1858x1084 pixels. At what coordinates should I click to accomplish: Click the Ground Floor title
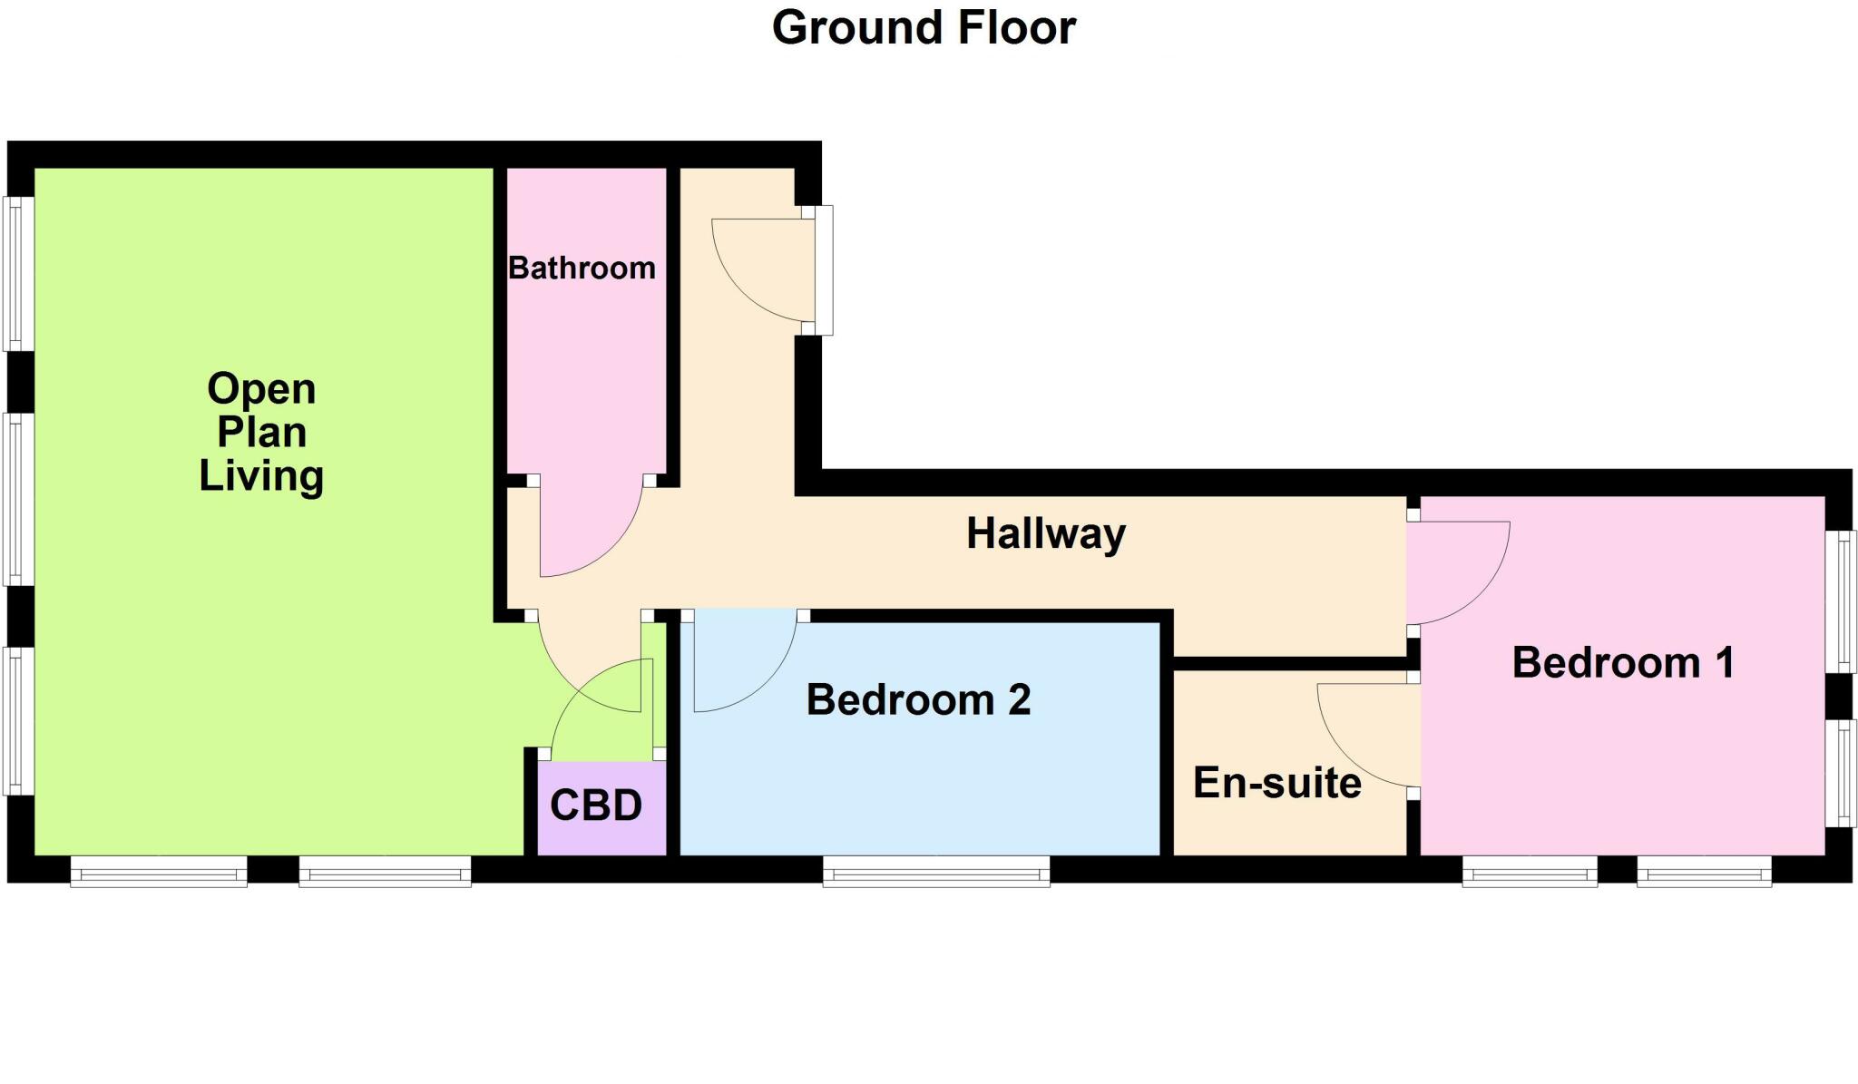pyautogui.click(x=924, y=27)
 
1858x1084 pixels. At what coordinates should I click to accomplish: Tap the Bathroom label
pyautogui.click(x=582, y=269)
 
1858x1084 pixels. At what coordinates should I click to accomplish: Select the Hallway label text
pyautogui.click(x=1045, y=533)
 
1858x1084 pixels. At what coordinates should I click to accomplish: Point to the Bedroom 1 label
pyautogui.click(x=1623, y=663)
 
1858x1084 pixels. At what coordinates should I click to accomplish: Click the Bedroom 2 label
pyautogui.click(x=918, y=700)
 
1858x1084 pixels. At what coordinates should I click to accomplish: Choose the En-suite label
pyautogui.click(x=1276, y=783)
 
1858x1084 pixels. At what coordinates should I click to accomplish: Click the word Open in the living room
pyautogui.click(x=261, y=389)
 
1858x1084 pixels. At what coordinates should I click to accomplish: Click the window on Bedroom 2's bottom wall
pyautogui.click(x=936, y=874)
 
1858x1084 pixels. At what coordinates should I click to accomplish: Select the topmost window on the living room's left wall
pyautogui.click(x=18, y=273)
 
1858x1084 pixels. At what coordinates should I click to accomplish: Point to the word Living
pyautogui.click(x=261, y=476)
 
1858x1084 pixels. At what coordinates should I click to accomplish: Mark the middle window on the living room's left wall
pyautogui.click(x=18, y=499)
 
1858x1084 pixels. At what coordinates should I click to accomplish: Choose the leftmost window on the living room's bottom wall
pyautogui.click(x=159, y=874)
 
